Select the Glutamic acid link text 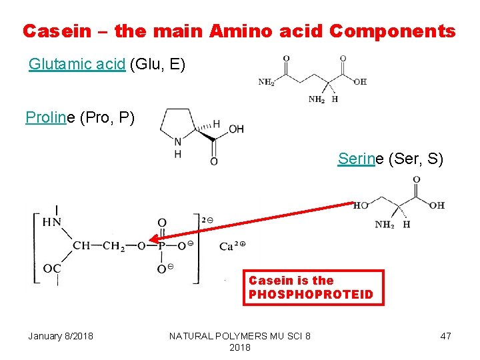[77, 65]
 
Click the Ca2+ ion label [232, 246]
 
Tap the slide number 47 [446, 335]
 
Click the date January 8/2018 [61, 335]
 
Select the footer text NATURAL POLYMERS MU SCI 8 [239, 335]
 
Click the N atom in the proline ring [177, 141]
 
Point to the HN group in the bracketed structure [52, 223]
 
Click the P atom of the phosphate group [162, 245]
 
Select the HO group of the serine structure [361, 206]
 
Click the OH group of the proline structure [237, 129]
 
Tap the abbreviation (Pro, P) [111, 118]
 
